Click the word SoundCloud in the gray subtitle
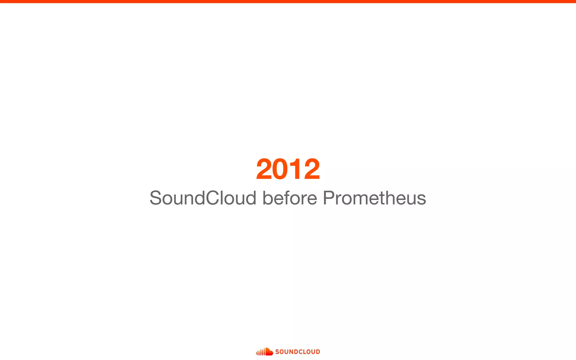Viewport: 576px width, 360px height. pyautogui.click(x=203, y=198)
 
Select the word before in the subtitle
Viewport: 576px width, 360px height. pyautogui.click(x=290, y=198)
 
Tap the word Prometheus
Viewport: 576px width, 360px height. pyautogui.click(x=374, y=198)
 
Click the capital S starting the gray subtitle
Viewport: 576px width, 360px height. pyautogui.click(x=156, y=198)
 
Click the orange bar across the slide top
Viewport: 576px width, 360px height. pyautogui.click(x=288, y=1)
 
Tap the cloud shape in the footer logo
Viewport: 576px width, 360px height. pyautogui.click(x=269, y=352)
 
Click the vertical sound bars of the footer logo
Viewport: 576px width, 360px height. pyautogui.click(x=260, y=352)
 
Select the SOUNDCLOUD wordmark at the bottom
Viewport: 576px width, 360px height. pyautogui.click(x=298, y=352)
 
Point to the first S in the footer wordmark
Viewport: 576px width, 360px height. pyautogui.click(x=277, y=352)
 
